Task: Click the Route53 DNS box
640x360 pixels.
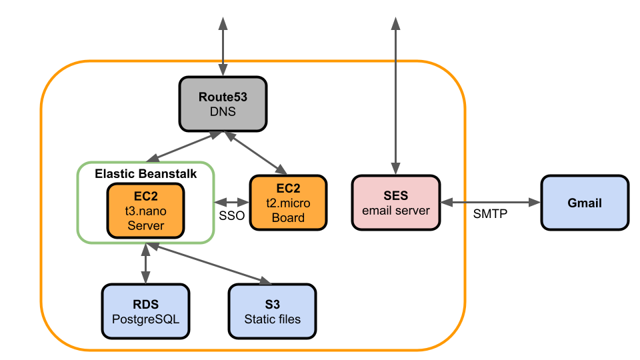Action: pyautogui.click(x=223, y=103)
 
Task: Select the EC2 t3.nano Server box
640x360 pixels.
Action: pyautogui.click(x=145, y=210)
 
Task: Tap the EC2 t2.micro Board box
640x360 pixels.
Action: pyautogui.click(x=288, y=203)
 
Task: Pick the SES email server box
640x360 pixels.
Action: pyautogui.click(x=396, y=203)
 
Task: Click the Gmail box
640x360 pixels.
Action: pyautogui.click(x=584, y=203)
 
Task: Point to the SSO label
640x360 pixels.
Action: pyautogui.click(x=231, y=216)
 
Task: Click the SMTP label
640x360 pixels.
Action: pyautogui.click(x=490, y=214)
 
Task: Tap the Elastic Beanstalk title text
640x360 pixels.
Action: pyautogui.click(x=145, y=173)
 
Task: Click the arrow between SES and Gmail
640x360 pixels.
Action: pyautogui.click(x=490, y=202)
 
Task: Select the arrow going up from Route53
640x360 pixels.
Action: pyautogui.click(x=223, y=47)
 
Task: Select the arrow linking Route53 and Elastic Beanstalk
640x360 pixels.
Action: pyautogui.click(x=183, y=147)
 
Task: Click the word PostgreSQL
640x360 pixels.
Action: pyautogui.click(x=145, y=319)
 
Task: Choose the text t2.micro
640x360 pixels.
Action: pyautogui.click(x=288, y=203)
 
